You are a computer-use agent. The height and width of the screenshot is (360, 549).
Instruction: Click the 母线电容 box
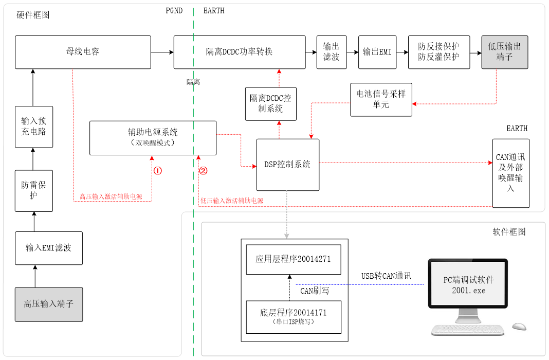point(83,52)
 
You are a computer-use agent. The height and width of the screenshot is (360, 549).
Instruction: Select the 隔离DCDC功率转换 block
point(239,52)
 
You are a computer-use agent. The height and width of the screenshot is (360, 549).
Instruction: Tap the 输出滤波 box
point(332,52)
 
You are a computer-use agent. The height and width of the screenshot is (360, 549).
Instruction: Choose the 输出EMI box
point(377,52)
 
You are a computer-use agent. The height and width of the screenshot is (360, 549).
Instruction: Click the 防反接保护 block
point(439,52)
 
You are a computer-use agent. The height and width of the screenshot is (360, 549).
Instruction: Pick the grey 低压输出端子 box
point(505,52)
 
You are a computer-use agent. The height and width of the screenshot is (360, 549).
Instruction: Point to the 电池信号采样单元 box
point(381,99)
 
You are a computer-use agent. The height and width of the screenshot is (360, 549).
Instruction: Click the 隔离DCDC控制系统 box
point(271,103)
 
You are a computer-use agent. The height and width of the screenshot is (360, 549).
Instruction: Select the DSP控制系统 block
point(288,165)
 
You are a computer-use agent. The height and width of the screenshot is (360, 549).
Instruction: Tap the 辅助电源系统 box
point(153,138)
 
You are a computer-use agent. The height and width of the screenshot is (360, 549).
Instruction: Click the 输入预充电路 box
point(34,126)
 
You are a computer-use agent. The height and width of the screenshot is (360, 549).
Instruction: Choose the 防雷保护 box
point(34,190)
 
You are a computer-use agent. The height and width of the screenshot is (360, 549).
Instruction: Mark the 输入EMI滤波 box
point(49,248)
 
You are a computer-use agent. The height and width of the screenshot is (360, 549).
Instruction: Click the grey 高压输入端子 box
point(49,304)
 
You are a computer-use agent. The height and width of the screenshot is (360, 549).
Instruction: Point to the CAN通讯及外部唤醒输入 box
point(510,173)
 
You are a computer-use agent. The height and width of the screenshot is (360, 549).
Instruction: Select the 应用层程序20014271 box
point(293,259)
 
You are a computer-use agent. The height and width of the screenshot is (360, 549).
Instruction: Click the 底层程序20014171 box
point(293,316)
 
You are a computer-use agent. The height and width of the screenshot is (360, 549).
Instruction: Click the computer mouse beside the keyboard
point(519,327)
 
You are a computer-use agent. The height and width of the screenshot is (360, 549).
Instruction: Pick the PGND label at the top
point(174,11)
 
